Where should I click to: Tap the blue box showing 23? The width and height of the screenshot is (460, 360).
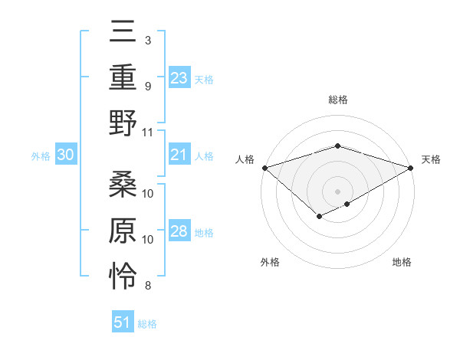click(x=179, y=78)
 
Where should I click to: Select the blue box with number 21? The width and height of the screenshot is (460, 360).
click(x=179, y=155)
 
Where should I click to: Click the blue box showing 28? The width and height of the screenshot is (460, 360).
click(x=179, y=232)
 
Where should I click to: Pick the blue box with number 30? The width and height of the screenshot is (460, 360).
click(x=66, y=155)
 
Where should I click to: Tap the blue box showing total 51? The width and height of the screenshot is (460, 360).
click(x=123, y=322)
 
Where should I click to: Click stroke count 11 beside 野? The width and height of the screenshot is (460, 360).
click(x=148, y=132)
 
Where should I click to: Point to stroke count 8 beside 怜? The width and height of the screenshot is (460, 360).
click(x=148, y=286)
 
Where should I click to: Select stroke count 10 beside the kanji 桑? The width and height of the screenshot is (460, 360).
click(x=148, y=193)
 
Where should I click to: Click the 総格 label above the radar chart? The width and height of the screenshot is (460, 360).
click(x=337, y=100)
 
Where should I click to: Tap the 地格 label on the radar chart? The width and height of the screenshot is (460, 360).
click(x=402, y=263)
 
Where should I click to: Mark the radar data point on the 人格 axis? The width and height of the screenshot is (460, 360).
click(x=264, y=167)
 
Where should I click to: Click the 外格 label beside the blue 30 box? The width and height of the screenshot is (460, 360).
click(x=41, y=156)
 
